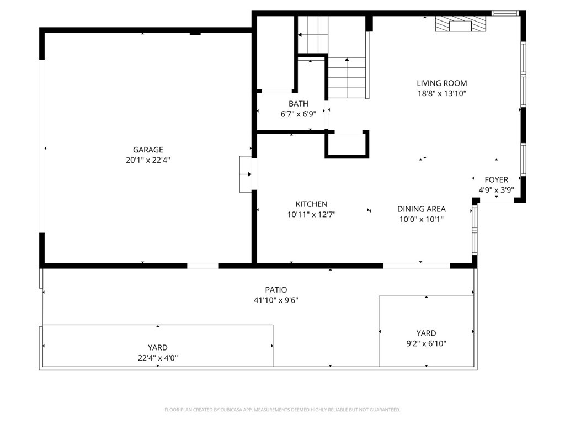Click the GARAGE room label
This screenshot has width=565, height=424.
(x=148, y=150)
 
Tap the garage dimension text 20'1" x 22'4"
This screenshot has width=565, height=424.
(x=148, y=160)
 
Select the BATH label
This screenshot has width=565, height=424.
(x=299, y=104)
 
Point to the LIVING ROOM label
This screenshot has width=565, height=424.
(x=442, y=83)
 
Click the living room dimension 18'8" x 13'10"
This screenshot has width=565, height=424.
(x=442, y=93)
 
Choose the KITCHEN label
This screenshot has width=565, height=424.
(x=311, y=204)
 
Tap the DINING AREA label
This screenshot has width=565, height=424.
(x=421, y=209)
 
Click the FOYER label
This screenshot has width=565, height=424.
(x=496, y=180)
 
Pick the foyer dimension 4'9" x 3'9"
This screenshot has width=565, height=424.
(x=496, y=190)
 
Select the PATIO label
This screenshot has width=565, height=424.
(x=276, y=290)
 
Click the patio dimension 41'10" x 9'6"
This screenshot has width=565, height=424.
(x=276, y=300)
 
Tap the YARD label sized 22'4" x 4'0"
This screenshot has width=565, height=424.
(x=157, y=348)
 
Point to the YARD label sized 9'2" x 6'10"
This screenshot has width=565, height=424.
(x=426, y=333)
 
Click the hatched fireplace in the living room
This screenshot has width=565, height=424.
(x=460, y=24)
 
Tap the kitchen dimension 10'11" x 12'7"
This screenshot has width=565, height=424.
(x=311, y=215)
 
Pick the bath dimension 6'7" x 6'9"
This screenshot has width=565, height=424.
(x=299, y=114)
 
